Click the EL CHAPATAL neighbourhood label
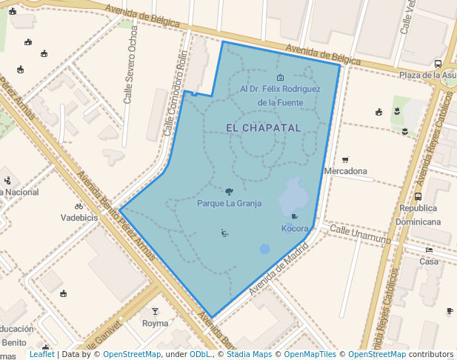(x=263, y=128)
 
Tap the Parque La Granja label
(x=229, y=204)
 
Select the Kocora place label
(x=295, y=228)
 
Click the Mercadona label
(x=346, y=172)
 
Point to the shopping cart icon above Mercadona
(x=345, y=159)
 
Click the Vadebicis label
(x=79, y=218)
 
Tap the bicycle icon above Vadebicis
(x=79, y=206)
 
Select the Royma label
(x=155, y=323)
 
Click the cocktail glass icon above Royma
(x=155, y=311)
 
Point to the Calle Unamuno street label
(x=360, y=235)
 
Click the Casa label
(x=429, y=261)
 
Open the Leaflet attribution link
(x=41, y=355)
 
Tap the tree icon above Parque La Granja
(x=228, y=191)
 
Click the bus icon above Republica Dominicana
(x=418, y=196)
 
